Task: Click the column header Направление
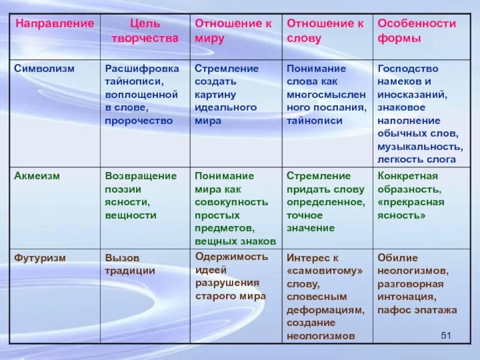(55, 24)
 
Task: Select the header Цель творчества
(145, 31)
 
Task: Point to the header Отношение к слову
(325, 31)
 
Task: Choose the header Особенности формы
(417, 31)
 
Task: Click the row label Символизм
(45, 68)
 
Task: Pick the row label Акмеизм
(38, 176)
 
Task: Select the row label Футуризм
(40, 257)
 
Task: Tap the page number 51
(445, 335)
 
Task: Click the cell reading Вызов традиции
(131, 264)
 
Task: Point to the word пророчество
(139, 120)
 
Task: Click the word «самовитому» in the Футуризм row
(325, 271)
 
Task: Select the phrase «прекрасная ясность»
(411, 208)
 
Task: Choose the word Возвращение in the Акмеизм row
(141, 176)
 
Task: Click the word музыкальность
(420, 146)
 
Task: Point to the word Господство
(408, 68)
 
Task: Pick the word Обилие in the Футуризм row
(398, 257)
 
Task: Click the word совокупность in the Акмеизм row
(231, 202)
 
